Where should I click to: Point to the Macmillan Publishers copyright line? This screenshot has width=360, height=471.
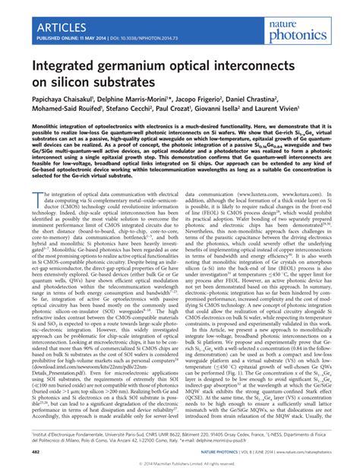point(179,463)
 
